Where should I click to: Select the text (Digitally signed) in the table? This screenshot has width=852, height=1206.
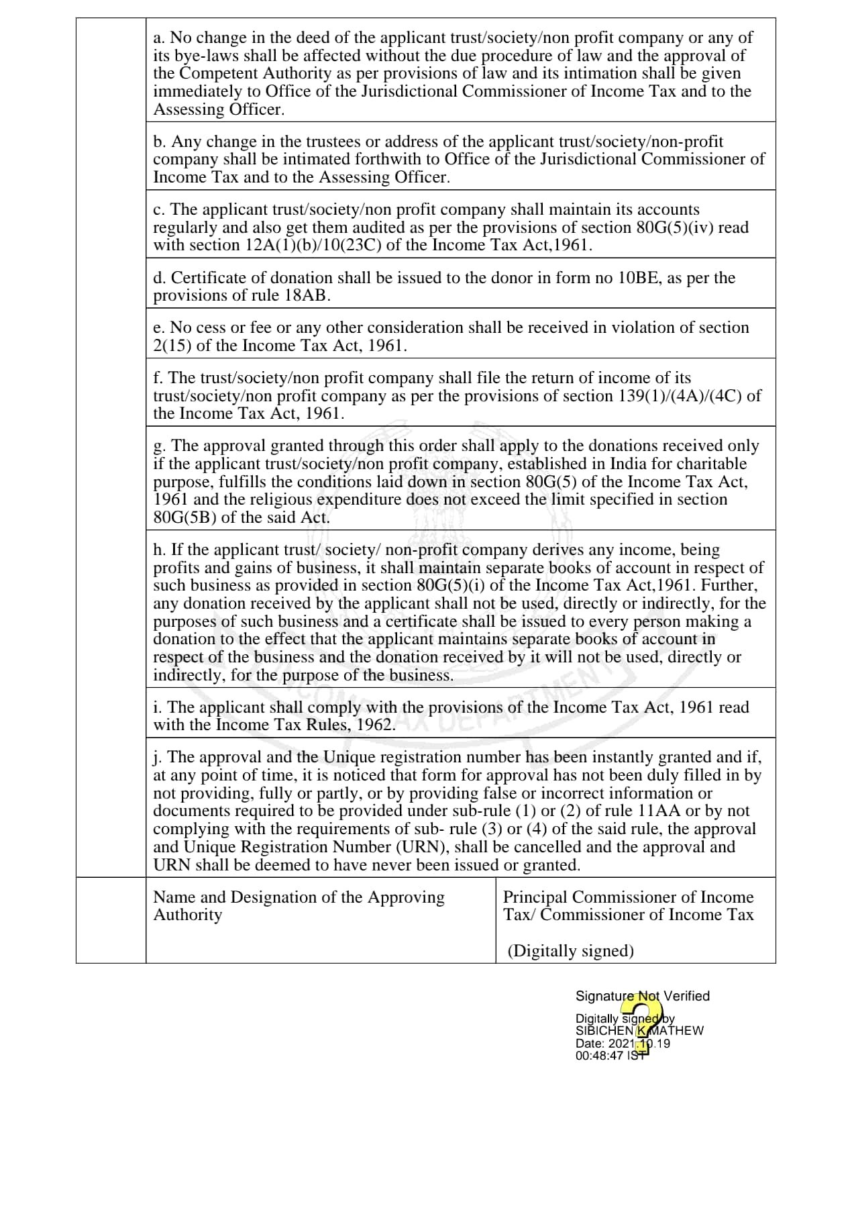(x=570, y=951)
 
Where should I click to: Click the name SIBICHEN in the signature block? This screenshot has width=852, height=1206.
(x=604, y=1031)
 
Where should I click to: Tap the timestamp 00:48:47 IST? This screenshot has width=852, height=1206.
(x=613, y=1056)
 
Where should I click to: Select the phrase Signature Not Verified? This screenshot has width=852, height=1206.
(x=642, y=996)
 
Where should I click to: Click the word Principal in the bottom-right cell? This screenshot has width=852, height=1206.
(x=535, y=897)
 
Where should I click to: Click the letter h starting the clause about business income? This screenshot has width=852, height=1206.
(x=158, y=550)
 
